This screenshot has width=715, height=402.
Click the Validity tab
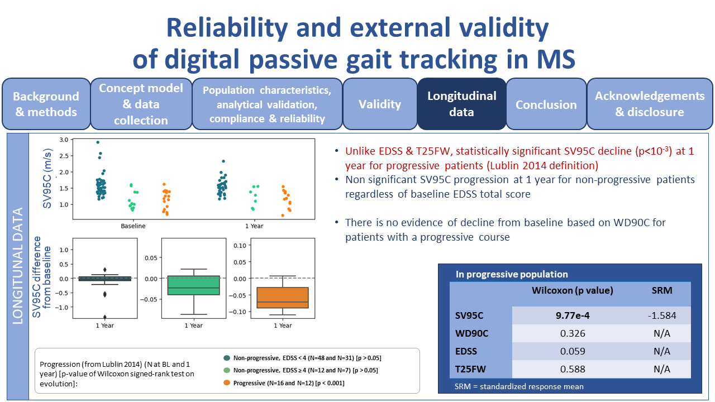pos(380,104)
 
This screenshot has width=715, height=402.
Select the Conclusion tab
pos(546,104)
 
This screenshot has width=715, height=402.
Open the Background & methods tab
pos(46,104)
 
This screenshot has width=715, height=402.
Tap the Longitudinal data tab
pos(461,104)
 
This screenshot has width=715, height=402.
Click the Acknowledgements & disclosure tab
pos(649,104)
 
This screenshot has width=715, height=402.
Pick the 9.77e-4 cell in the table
pos(573,315)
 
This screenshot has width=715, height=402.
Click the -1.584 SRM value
pos(662,315)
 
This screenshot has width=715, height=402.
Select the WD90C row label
pos(472,333)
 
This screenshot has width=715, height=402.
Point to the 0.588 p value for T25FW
pos(573,369)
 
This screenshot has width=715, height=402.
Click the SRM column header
pos(662,290)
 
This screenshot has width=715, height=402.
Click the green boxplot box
pos(193,285)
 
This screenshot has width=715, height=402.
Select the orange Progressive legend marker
pos(226,382)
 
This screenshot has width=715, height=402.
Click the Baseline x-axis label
pos(134,226)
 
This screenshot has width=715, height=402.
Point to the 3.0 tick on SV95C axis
pos(63,140)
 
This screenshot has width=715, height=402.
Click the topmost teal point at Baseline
pos(98,142)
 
